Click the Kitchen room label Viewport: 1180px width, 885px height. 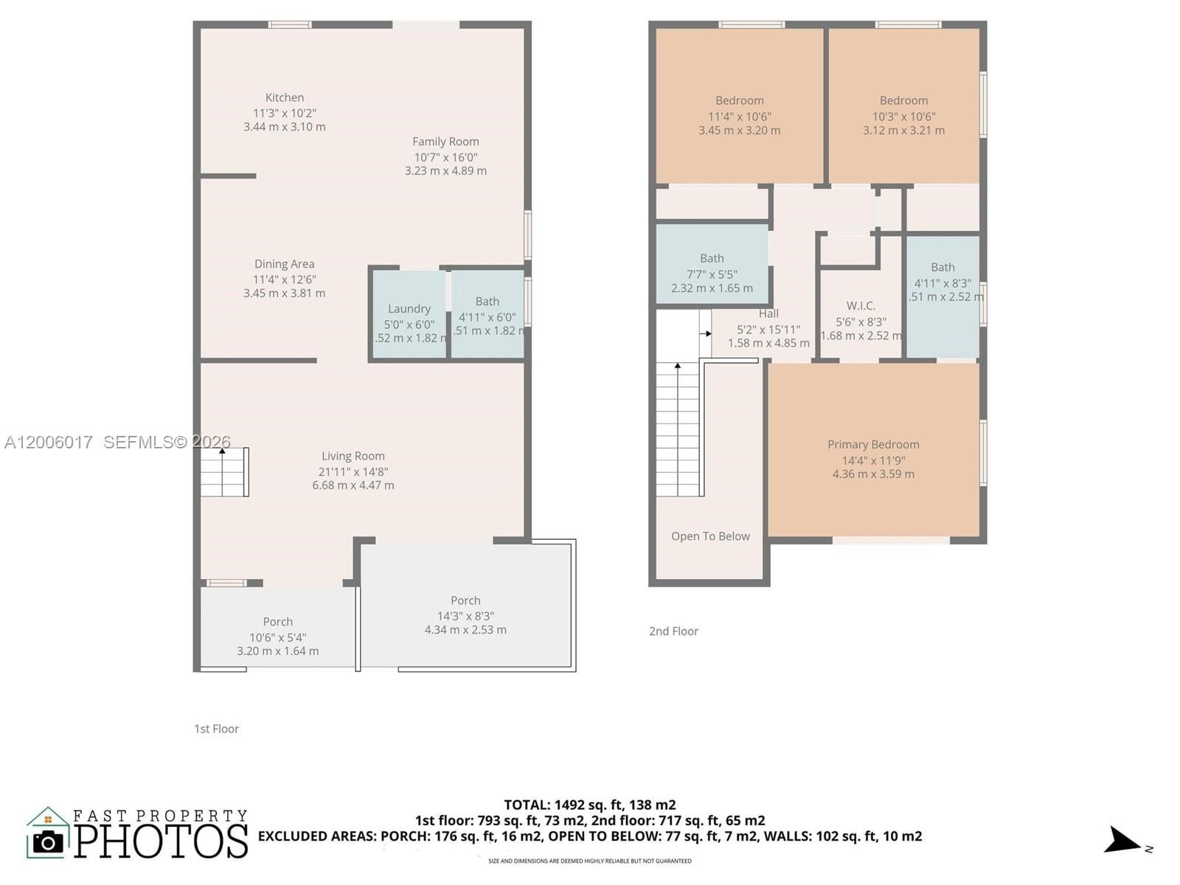pos(285,97)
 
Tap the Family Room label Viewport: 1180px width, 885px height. pos(445,142)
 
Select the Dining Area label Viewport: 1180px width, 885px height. pos(284,264)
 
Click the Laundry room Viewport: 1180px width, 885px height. pos(409,316)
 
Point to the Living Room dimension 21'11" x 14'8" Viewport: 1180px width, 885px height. pos(353,471)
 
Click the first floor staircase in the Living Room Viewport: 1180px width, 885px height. pos(224,472)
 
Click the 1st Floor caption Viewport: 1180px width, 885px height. pos(216,729)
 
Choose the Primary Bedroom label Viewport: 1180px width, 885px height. pos(873,445)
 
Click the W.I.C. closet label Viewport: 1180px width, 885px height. pos(861,305)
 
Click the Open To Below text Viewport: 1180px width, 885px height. pos(710,536)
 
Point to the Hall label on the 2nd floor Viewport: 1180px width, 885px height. pos(768,313)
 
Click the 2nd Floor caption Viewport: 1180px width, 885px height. pos(673,631)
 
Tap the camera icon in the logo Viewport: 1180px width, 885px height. pos(49,841)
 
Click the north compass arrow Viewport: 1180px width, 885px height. pos(1122,840)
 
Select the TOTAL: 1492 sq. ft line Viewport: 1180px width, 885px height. pos(589,805)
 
